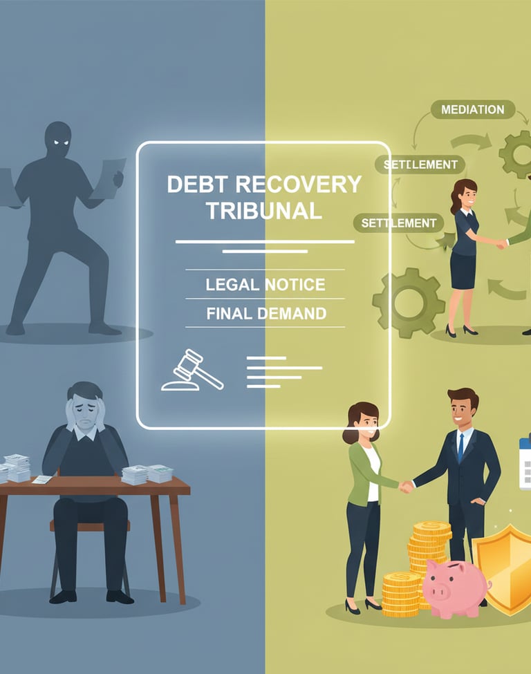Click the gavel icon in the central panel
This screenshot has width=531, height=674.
coord(192,371)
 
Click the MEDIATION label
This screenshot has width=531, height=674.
coord(472,109)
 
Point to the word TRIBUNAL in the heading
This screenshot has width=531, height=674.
coord(264,211)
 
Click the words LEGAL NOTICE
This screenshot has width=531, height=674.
coord(265,284)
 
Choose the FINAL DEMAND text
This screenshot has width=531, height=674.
coord(266,313)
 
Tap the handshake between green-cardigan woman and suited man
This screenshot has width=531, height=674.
coord(407,486)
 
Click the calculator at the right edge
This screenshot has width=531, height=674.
coord(525,460)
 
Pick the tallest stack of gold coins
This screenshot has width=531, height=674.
coord(432,546)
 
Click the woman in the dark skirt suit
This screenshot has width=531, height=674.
coord(463,256)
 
